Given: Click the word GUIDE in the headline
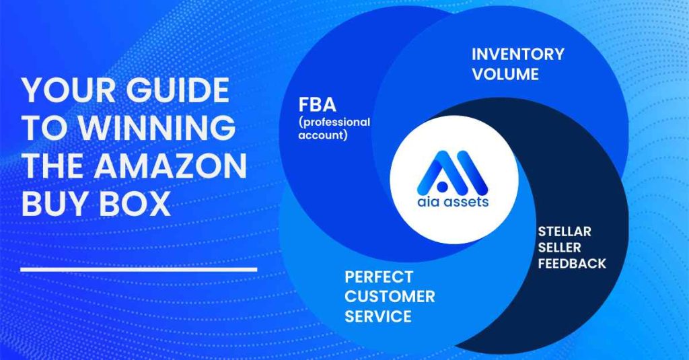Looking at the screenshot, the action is click(178, 91).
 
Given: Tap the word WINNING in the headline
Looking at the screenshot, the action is click(157, 128).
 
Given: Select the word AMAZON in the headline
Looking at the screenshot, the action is click(170, 166).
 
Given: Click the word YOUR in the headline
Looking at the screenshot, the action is click(69, 91).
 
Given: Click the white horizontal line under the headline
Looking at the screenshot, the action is click(139, 269).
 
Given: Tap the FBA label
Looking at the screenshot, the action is click(318, 105).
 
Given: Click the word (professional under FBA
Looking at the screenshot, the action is click(334, 122).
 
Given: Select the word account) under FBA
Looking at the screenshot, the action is click(323, 135).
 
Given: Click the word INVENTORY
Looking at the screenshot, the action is click(518, 54).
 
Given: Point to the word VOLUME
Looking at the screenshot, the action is click(505, 74).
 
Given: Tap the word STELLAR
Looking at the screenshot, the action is click(565, 231).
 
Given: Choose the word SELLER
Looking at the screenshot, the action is click(559, 248).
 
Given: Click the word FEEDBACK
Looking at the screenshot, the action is click(572, 264).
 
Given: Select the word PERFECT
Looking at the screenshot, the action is click(379, 277).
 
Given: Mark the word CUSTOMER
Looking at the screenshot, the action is click(390, 297).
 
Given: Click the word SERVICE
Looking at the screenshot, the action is click(378, 316).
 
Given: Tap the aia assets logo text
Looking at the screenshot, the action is click(453, 202).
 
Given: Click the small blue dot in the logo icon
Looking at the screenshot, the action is click(443, 187).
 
